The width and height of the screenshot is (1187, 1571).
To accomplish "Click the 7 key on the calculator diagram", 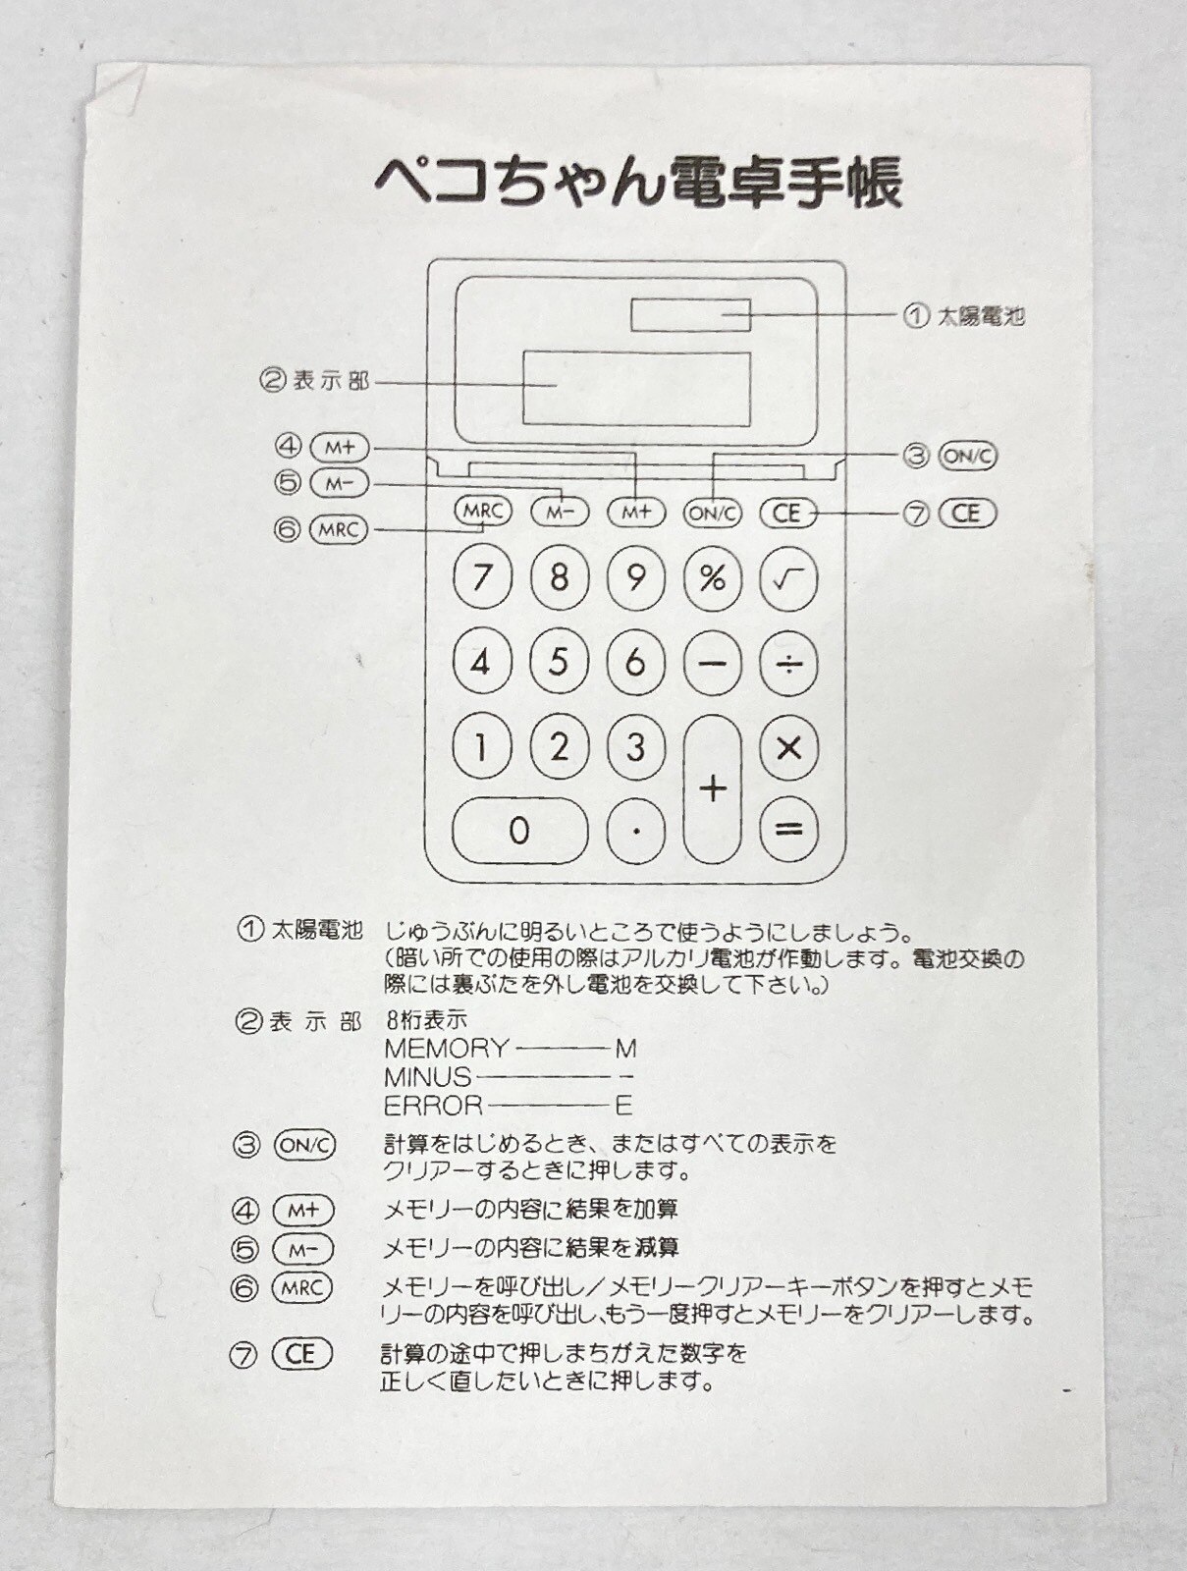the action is [x=482, y=577].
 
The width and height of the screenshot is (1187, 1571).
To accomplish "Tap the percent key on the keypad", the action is [x=713, y=577].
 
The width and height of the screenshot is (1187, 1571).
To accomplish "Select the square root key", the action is [x=788, y=577].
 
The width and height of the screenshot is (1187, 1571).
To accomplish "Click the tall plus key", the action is [x=713, y=788].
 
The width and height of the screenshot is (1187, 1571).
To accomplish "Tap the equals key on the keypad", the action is [x=788, y=830].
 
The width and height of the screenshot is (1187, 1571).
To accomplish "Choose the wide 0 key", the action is [x=520, y=831].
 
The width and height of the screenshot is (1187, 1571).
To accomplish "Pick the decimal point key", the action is [x=636, y=831].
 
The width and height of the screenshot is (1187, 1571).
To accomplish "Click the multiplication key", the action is [x=788, y=748].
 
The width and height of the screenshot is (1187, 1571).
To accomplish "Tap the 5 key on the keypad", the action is [x=559, y=662].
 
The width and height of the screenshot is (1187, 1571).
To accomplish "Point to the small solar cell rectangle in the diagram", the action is [x=690, y=315].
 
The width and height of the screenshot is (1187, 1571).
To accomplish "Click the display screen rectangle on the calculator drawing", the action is [x=637, y=389].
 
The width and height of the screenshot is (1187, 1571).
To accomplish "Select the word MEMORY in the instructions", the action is [x=446, y=1049].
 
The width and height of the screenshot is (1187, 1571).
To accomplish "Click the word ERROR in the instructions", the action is [x=434, y=1106].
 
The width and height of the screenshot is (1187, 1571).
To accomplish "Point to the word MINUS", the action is [x=428, y=1077].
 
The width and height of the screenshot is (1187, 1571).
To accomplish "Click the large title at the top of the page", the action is [x=638, y=184].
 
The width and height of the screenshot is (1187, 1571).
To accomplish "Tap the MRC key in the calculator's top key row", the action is [x=484, y=512].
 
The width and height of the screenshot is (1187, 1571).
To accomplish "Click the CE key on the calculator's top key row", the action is [x=787, y=514].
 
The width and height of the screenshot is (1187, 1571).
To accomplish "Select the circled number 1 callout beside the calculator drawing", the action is [x=916, y=315].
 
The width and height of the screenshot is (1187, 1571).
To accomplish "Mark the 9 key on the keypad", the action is [x=636, y=577].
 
